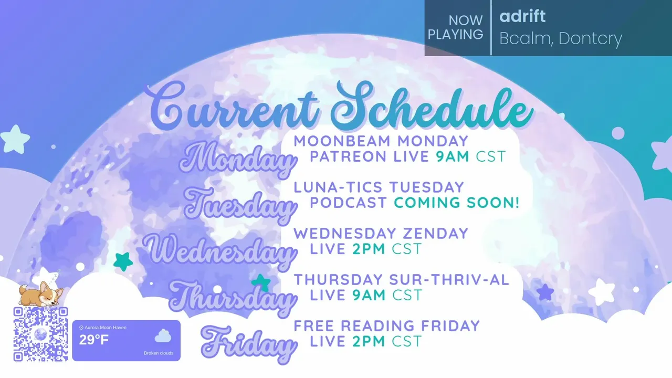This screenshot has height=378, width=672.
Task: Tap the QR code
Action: click(40, 334)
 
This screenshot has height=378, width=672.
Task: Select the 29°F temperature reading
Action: click(93, 340)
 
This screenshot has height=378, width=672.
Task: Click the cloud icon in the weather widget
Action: click(163, 336)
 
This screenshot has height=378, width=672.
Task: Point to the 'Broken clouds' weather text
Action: click(159, 353)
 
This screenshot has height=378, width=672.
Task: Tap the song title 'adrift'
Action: click(522, 16)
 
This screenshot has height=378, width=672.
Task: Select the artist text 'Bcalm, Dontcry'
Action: click(561, 39)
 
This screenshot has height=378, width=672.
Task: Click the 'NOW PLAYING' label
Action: click(455, 28)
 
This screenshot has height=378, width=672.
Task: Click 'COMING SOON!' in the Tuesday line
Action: click(457, 203)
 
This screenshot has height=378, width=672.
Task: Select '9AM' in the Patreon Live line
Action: click(453, 156)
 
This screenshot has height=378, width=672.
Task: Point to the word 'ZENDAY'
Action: click(436, 234)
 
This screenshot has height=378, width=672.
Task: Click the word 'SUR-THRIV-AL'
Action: click(449, 280)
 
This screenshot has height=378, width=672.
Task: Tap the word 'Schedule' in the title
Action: click(432, 107)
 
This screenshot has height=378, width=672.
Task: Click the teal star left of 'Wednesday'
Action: click(123, 261)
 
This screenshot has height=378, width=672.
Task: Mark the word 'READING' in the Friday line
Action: click(377, 326)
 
